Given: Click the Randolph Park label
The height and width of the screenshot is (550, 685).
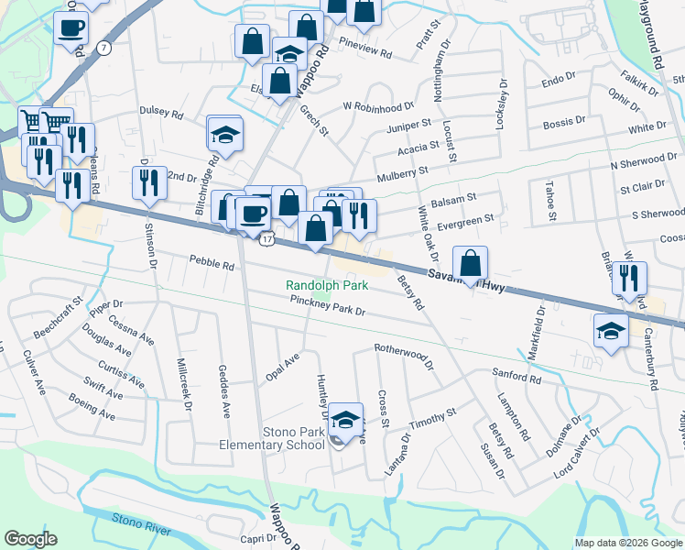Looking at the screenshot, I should (327, 285).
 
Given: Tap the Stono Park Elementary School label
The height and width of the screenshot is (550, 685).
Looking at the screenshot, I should (279, 438).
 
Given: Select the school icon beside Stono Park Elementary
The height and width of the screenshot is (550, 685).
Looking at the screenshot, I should (344, 420).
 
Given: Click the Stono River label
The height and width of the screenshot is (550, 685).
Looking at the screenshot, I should (142, 520).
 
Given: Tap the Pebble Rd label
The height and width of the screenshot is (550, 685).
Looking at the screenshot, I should (212, 264).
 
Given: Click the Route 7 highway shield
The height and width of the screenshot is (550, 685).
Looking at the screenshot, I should (107, 47).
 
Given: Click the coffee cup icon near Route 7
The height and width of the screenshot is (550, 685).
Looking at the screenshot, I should (70, 27).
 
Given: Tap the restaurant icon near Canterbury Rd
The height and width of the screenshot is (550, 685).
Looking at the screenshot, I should (629, 278).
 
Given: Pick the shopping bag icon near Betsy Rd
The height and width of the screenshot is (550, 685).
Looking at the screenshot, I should (470, 263).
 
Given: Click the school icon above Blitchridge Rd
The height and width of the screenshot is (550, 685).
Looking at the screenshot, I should (224, 133).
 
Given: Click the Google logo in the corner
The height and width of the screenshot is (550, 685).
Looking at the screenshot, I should (30, 539).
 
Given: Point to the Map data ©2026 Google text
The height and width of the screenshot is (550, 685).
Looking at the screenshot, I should (627, 543).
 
